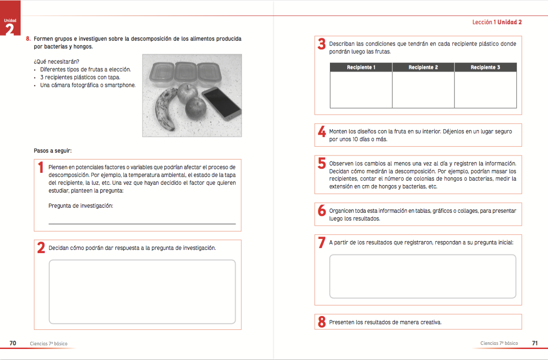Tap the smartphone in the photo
(x=222, y=104)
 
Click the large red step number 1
(x=41, y=168)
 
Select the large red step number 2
(x=41, y=248)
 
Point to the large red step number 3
(x=321, y=44)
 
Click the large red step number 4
(x=321, y=132)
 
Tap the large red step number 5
(x=321, y=163)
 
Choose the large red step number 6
(x=321, y=211)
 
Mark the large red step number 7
(x=321, y=243)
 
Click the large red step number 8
(x=321, y=322)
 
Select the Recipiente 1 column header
(x=361, y=67)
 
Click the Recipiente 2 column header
(x=423, y=67)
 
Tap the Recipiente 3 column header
(x=485, y=67)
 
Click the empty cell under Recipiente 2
(x=423, y=89)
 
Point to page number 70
(x=13, y=343)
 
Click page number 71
(x=535, y=343)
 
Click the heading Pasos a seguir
(x=53, y=150)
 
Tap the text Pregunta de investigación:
(x=81, y=206)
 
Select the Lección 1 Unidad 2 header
(x=497, y=22)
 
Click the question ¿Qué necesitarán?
(x=56, y=61)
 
